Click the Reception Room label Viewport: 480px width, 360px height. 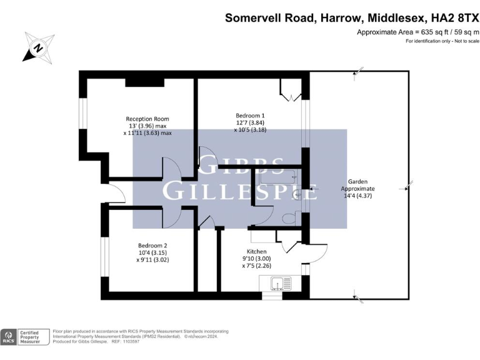pos(147,119)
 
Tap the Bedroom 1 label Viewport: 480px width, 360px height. pos(250,116)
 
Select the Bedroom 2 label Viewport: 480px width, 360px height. pos(152,246)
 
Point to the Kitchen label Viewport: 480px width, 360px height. pos(257,251)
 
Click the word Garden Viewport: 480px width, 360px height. pos(358,181)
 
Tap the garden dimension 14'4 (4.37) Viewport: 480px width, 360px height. pos(358,196)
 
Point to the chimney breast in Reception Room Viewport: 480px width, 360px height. pos(144,82)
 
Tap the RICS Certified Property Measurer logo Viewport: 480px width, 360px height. pos(25,337)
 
